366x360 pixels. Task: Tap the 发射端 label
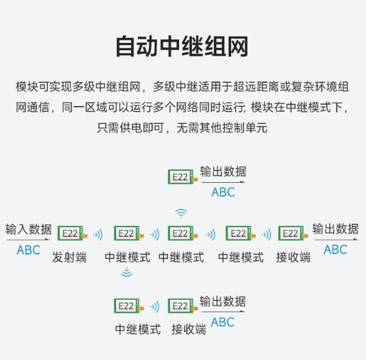click(x=69, y=257)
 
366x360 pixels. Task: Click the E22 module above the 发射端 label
click(x=70, y=233)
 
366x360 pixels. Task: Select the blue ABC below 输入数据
click(x=28, y=250)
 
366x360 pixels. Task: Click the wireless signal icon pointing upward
click(x=181, y=214)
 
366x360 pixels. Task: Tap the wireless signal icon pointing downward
click(x=126, y=272)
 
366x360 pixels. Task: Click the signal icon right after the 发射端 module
click(x=98, y=234)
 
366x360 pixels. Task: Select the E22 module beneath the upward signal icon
click(x=181, y=233)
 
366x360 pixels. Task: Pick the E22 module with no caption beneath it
click(x=181, y=176)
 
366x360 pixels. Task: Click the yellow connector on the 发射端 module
click(x=85, y=235)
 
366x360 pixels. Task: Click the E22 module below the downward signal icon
click(x=127, y=306)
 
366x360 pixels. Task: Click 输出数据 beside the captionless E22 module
click(x=223, y=171)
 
